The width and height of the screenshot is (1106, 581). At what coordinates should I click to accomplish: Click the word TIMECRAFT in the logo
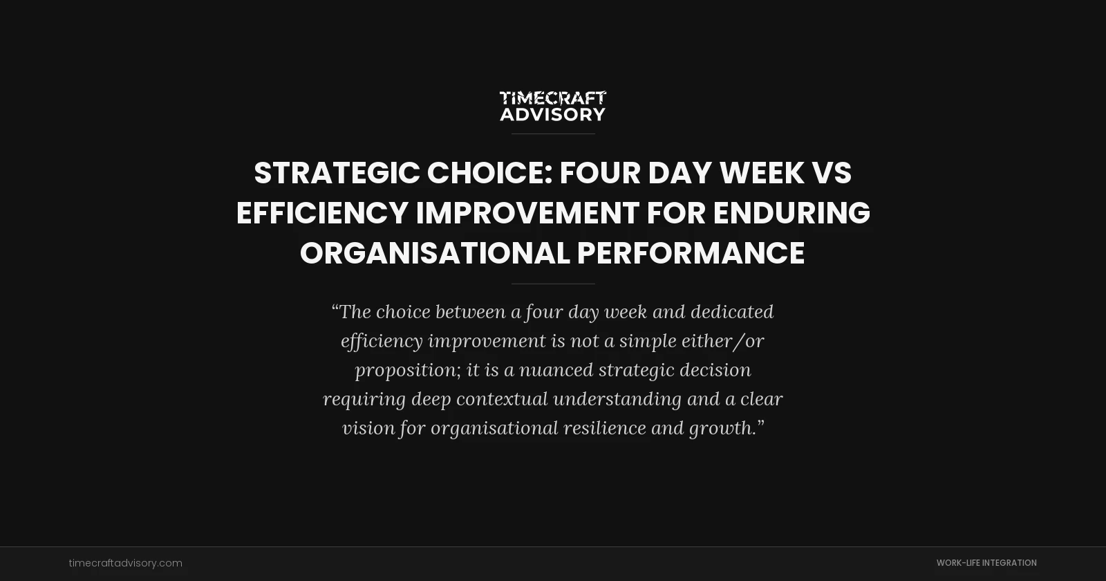(552, 98)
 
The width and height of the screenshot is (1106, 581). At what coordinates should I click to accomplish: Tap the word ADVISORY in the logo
(552, 114)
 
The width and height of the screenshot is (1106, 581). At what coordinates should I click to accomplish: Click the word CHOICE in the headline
(489, 173)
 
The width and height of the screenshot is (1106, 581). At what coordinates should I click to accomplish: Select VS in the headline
(832, 173)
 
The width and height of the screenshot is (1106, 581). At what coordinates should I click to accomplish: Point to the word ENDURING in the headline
(791, 213)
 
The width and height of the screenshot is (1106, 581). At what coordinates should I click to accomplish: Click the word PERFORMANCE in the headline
(691, 253)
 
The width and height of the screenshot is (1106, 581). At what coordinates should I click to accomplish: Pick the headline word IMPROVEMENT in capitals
(527, 213)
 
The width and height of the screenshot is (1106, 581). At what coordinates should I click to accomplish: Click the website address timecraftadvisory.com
(126, 563)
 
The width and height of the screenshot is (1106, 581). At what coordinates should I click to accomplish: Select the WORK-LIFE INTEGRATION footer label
(986, 563)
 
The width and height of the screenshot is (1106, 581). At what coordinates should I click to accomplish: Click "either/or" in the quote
(722, 341)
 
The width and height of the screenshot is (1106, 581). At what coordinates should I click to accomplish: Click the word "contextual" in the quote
(502, 399)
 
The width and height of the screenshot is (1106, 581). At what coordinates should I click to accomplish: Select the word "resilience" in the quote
(604, 428)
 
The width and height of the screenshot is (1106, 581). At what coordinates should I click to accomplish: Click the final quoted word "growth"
(722, 429)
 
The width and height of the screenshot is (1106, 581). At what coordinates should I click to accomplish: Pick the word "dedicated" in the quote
(732, 312)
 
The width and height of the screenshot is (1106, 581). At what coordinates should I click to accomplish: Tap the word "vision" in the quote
(368, 428)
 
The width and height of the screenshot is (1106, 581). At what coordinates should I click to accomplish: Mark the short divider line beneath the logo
(553, 133)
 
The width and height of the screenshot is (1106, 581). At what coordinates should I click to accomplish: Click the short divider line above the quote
(553, 284)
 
